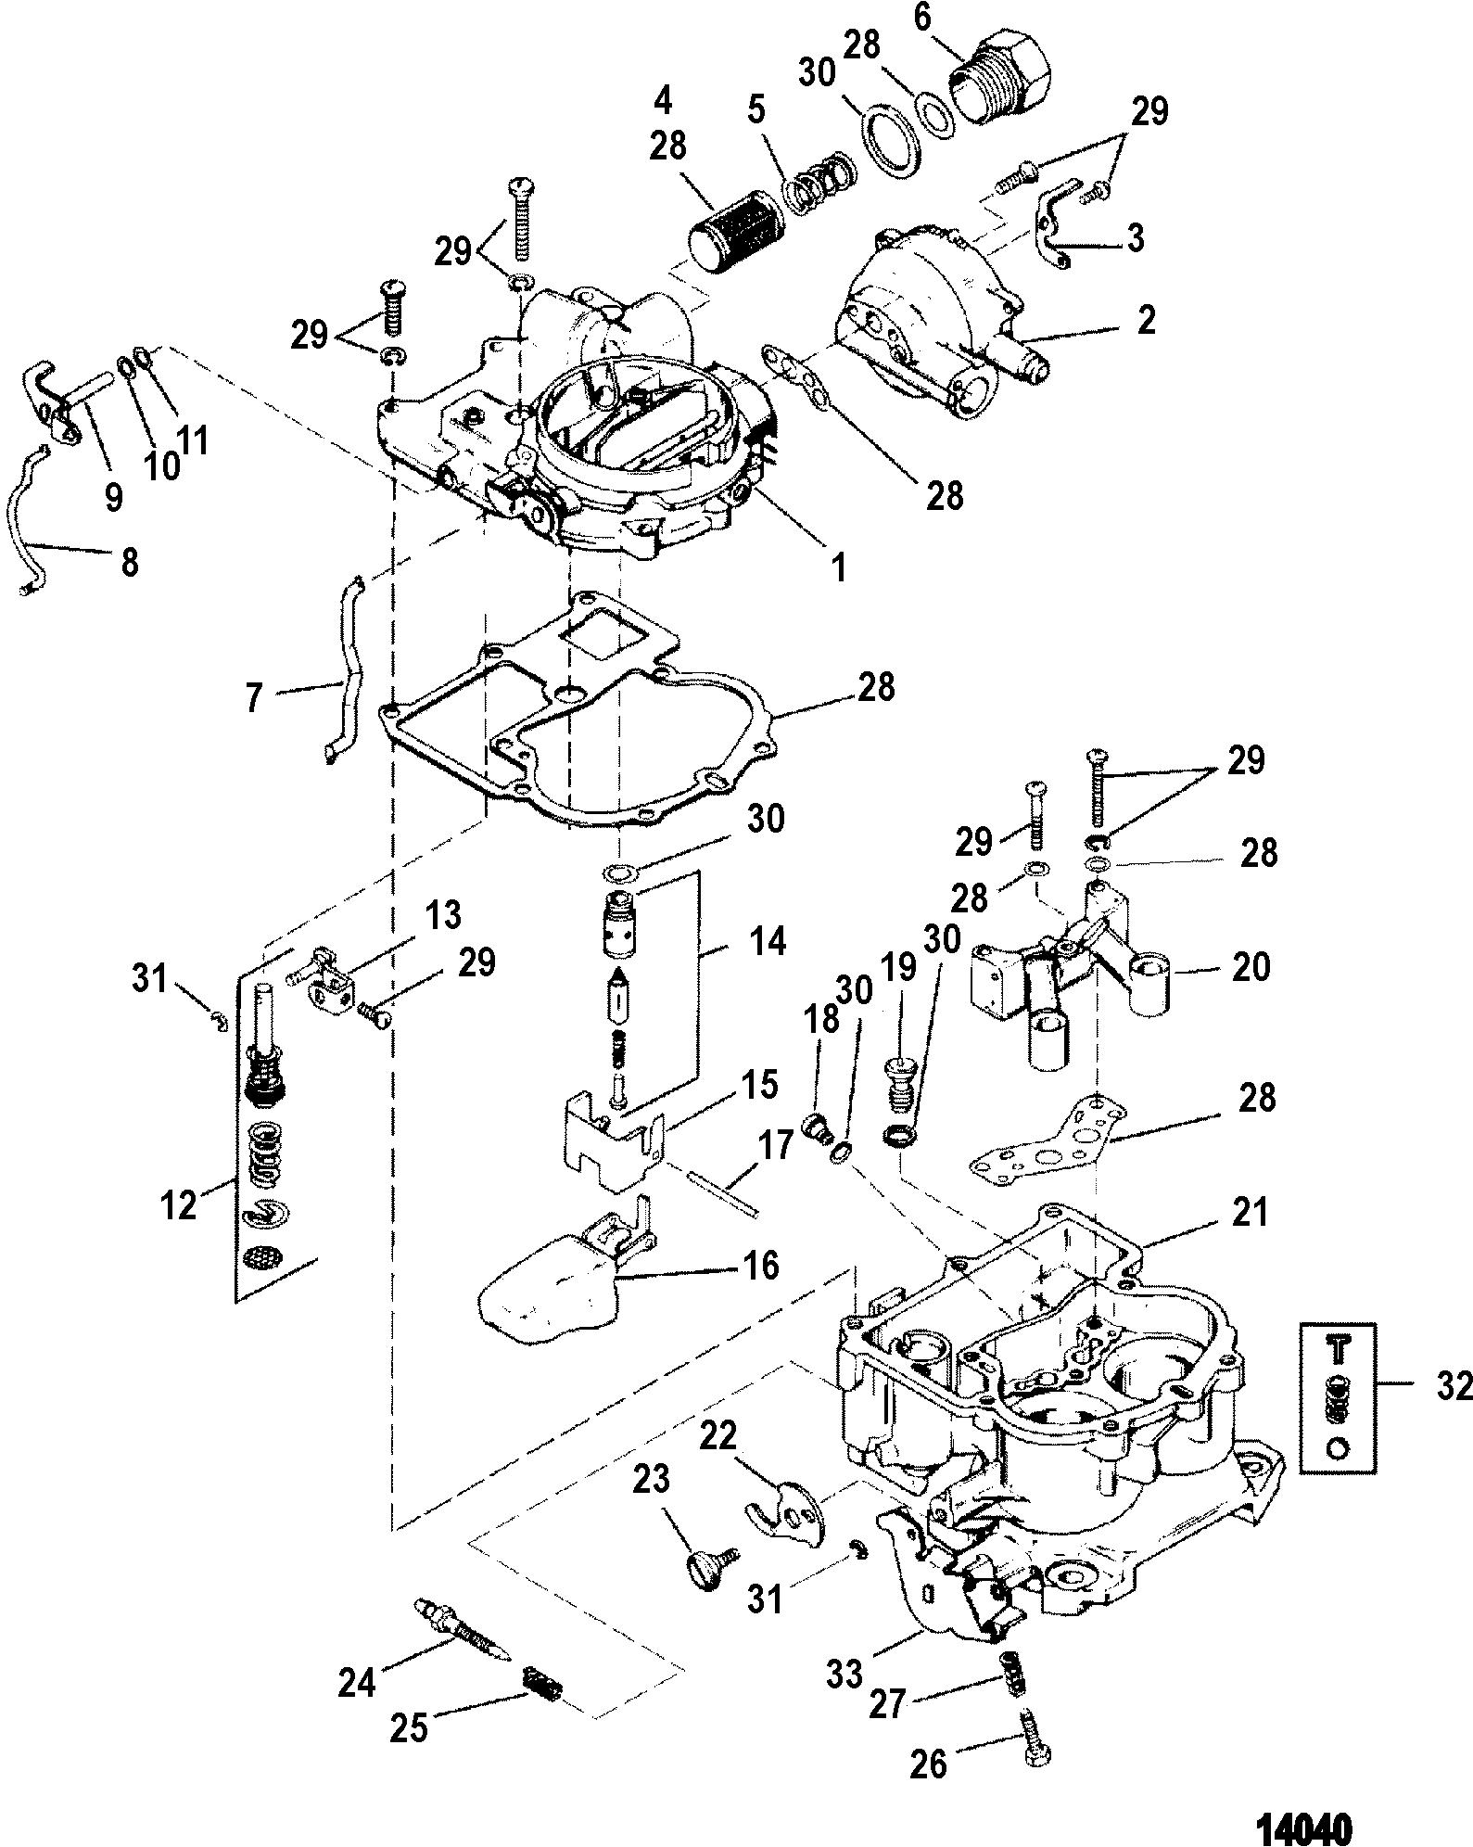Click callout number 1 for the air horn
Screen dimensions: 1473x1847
click(x=839, y=567)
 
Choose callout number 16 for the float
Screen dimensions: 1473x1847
click(x=761, y=1265)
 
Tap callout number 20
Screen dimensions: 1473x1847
click(x=1251, y=967)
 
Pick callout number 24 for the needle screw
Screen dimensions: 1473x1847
click(x=357, y=1680)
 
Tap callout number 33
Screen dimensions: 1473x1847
click(x=843, y=1672)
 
